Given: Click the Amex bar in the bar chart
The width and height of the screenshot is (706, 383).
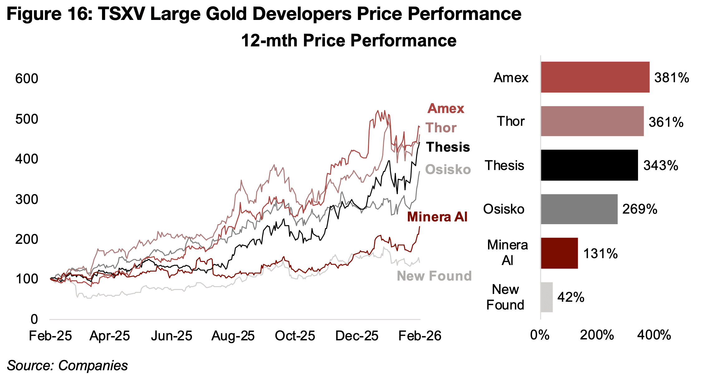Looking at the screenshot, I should (x=595, y=77).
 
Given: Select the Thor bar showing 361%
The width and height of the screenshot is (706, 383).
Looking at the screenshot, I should (x=592, y=121).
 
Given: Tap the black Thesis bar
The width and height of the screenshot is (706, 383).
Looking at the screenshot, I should (x=589, y=165).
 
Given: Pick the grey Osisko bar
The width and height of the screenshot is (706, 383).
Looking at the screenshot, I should (x=579, y=209).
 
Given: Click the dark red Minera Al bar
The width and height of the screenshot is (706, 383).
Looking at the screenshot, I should (x=559, y=253).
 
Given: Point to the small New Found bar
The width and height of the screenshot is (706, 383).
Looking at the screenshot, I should (x=547, y=297).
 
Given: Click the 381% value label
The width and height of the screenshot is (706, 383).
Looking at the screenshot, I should (x=671, y=78).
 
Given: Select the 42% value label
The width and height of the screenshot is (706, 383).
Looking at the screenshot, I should (x=571, y=297).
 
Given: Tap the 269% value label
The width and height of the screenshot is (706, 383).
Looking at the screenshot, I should (x=640, y=209).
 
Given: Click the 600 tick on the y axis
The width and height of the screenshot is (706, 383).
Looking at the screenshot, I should (x=27, y=78).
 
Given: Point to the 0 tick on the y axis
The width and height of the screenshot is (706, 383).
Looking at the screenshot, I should (x=34, y=319).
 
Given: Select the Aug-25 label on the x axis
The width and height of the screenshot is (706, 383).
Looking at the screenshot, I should (x=233, y=336).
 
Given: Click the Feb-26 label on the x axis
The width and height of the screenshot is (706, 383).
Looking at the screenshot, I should (x=420, y=336).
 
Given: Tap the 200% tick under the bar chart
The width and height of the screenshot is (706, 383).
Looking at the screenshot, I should (x=597, y=335).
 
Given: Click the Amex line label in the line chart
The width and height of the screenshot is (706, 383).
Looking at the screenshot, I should (x=446, y=109).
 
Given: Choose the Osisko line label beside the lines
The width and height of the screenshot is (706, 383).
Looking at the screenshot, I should (x=448, y=170).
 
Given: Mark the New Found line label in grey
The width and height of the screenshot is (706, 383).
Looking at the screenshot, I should (x=434, y=276).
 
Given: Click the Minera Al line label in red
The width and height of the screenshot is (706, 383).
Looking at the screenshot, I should (x=437, y=217).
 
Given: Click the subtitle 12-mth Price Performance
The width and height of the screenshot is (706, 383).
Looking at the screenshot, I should (x=349, y=41).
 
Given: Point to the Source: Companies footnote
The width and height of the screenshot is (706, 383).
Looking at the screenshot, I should (x=67, y=366).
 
